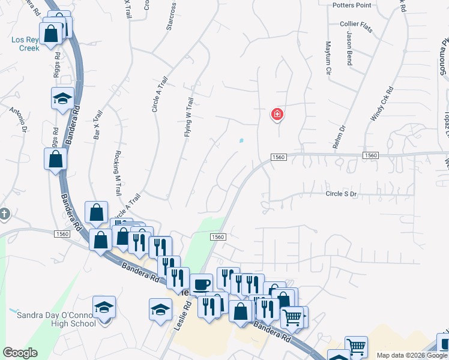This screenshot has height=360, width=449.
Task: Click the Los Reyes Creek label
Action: coord(25,44)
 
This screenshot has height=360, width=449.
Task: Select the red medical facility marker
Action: coord(277,113)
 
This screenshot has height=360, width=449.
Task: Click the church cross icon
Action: coord(4,213)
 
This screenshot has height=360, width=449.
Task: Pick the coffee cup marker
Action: coord(201,284)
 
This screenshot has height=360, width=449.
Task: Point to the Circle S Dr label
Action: coord(341,194)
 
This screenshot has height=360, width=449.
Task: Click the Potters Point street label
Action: coord(352,5)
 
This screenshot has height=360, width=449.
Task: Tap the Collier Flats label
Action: coord(358,23)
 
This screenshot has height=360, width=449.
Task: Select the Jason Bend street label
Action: coord(349,49)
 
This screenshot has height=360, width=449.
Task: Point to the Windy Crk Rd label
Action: coord(382,104)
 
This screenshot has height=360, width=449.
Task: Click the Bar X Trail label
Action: coord(98,125)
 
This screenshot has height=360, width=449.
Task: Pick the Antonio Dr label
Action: coord(18,119)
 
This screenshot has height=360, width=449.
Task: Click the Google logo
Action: coord(20,353)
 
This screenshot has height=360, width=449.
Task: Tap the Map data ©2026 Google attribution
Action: coord(412,355)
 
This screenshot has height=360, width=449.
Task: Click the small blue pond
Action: coord(241,141)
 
